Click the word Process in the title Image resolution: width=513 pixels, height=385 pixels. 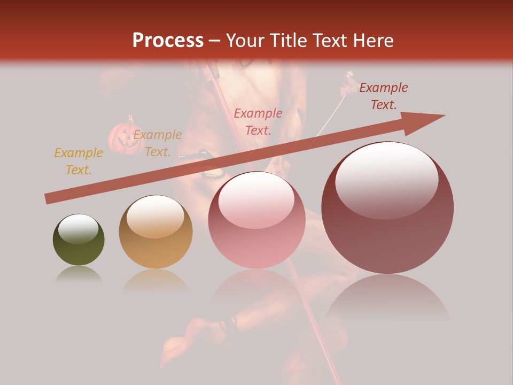click(168, 41)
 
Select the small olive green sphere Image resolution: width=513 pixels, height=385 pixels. click(79, 240)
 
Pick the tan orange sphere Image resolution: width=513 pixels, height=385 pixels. click(156, 232)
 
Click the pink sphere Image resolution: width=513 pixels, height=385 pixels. click(256, 220)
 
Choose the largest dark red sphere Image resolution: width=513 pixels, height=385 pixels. click(387, 207)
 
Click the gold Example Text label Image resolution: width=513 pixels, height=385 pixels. click(78, 161)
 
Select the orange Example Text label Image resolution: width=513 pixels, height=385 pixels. click(157, 143)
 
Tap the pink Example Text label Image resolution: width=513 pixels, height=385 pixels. click(258, 121)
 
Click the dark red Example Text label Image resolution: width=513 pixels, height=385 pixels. click(383, 96)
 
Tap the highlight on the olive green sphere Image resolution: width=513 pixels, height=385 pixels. click(79, 228)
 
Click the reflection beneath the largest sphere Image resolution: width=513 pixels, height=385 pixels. click(387, 299)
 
